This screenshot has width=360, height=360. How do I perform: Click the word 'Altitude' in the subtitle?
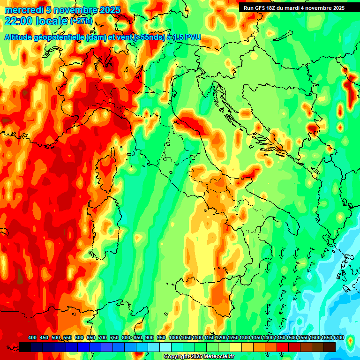22,37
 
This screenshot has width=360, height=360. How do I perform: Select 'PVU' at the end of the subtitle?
193,37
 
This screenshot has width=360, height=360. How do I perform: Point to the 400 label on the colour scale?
32,337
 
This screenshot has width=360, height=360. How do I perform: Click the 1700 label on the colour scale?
339,337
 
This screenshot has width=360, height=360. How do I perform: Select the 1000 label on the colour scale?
174,337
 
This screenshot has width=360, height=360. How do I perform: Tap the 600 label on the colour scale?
79,337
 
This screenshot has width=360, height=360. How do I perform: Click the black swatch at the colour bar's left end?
25,347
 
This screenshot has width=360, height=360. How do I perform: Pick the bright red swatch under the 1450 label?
283,347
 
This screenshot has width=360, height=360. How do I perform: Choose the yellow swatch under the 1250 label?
236,347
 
